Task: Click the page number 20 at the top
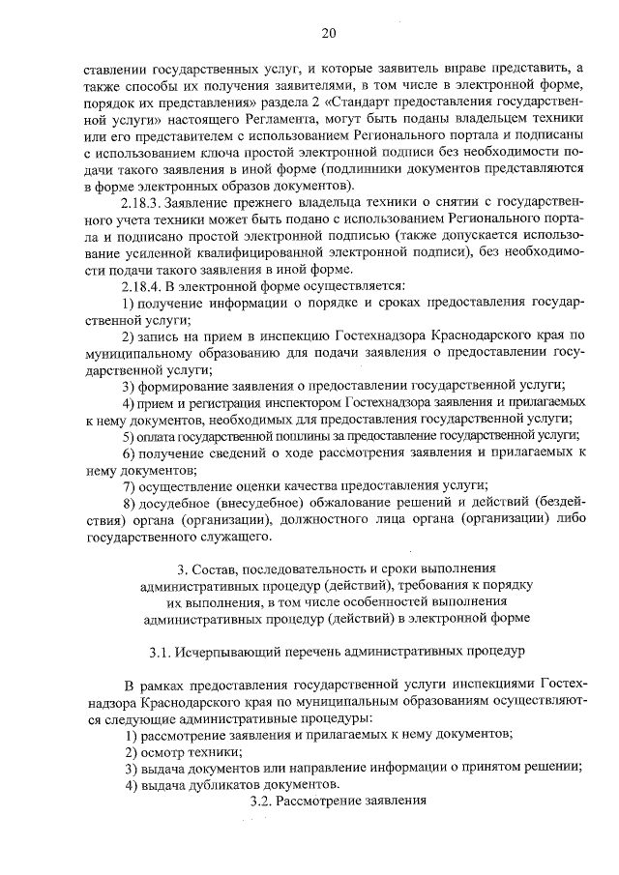[329, 33]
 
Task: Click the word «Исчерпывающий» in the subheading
[230, 651]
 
